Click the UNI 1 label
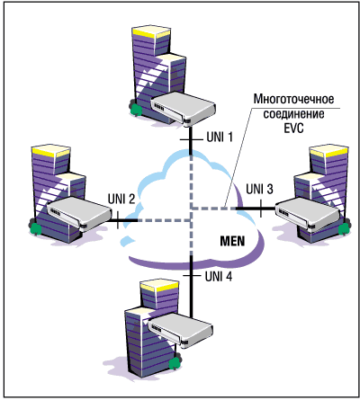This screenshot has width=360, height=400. coord(220,137)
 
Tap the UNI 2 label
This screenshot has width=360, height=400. coord(121,199)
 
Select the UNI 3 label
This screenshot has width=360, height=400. coord(259,189)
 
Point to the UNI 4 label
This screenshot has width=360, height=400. coord(219,276)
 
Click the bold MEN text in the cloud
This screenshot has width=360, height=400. coord(232,241)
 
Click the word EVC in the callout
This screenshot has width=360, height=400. coord(293,129)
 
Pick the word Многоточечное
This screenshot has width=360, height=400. coord(293,99)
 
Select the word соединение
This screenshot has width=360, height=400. coord(293,114)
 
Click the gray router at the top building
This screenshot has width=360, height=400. coord(183,109)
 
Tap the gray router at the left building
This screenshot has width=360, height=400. coord(79,213)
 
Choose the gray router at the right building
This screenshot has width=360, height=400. coord(309,214)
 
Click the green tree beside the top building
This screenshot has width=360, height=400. coord(136,109)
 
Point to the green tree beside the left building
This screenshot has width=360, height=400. coord(35,228)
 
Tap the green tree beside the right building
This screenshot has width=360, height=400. coord(344,227)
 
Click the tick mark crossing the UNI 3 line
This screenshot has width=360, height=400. coord(261,209)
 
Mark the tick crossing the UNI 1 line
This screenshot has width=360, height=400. coord(191,140)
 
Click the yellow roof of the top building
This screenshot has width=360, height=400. coord(151,32)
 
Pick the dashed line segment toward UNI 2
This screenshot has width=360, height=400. coord(165,220)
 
